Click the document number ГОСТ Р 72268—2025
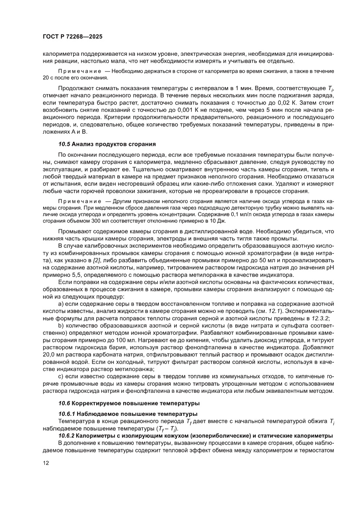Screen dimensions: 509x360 click(x=72, y=37)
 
